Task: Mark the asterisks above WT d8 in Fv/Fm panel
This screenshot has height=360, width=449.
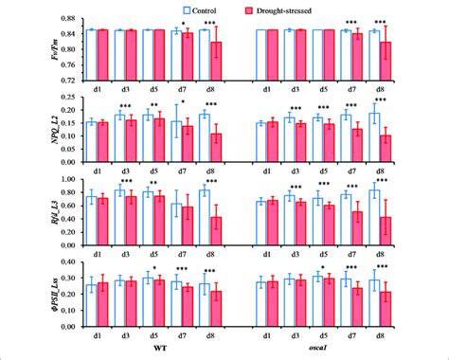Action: click(210, 21)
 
